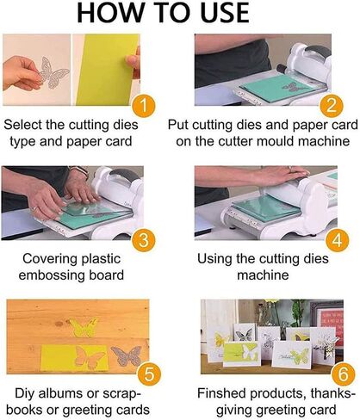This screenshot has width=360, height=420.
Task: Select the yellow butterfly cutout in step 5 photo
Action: pos(84,328)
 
